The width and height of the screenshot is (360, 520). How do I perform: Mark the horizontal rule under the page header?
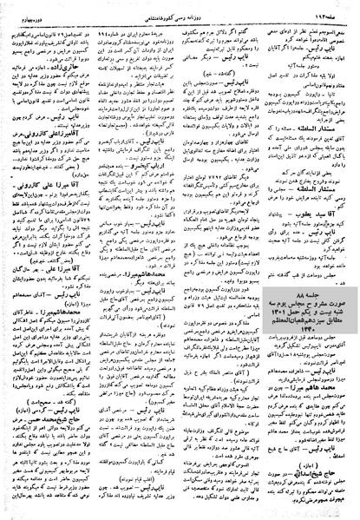pyautogui.click(x=180, y=17)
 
